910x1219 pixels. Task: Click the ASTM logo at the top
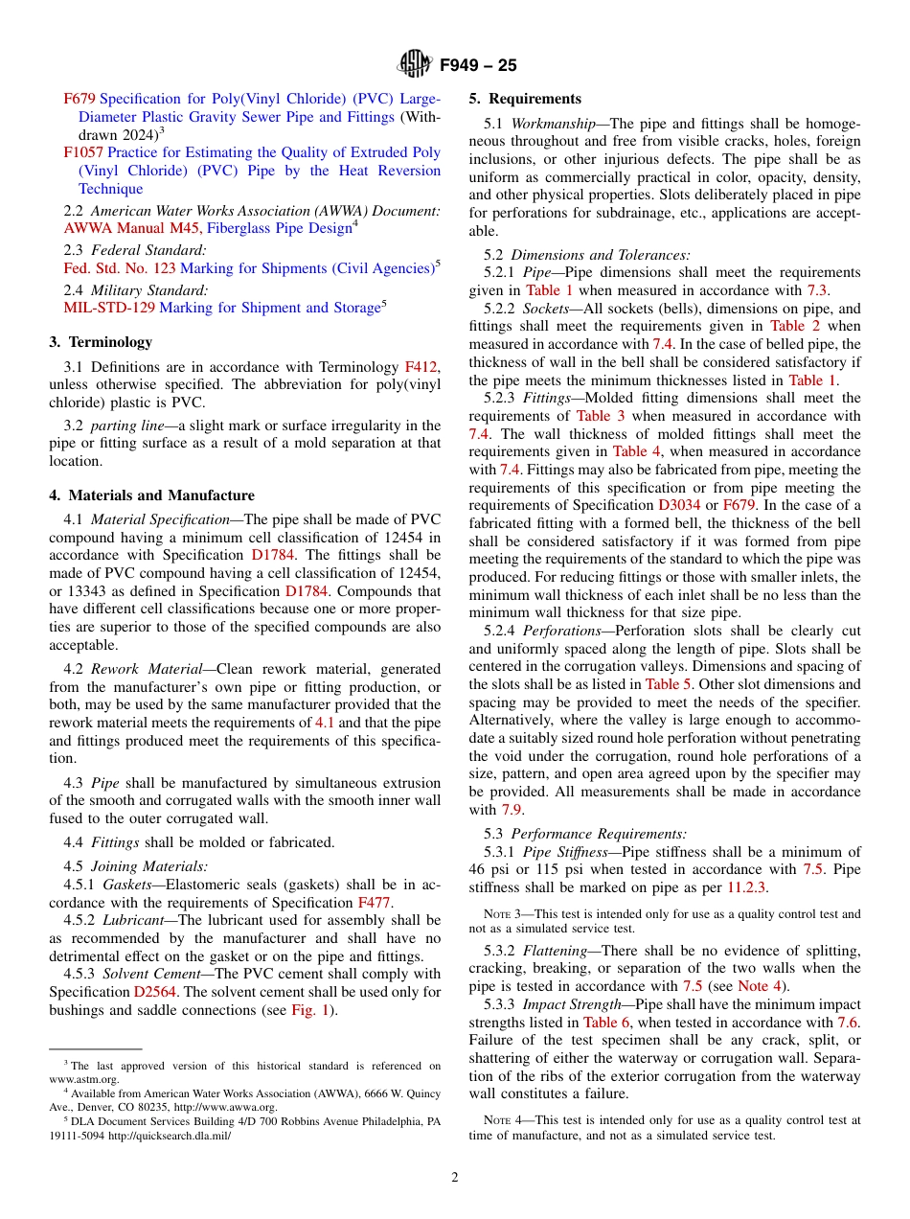[415, 64]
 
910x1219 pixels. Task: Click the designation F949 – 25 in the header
[478, 65]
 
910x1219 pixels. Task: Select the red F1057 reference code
[81, 152]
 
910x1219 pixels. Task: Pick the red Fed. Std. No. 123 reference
[120, 268]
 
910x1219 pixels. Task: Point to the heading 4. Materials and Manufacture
[151, 495]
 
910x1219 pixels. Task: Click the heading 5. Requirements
[525, 99]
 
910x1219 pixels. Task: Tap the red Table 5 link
[662, 684]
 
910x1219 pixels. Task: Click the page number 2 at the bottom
[455, 1178]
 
